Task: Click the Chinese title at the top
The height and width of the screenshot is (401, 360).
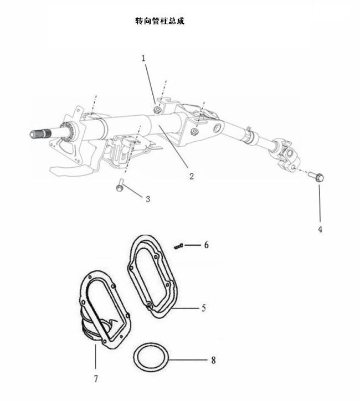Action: (160, 20)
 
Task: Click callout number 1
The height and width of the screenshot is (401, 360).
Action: (143, 59)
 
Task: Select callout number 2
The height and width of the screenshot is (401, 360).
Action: (192, 176)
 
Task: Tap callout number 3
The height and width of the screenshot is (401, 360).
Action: (148, 199)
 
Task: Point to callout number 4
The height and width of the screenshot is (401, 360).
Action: (320, 229)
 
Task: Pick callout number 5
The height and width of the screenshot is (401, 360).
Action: (203, 308)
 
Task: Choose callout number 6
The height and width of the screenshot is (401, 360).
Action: (206, 245)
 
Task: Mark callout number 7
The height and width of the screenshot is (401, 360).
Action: (96, 378)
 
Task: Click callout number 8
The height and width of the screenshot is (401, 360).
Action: (213, 361)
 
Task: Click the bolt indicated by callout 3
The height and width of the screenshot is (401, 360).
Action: (120, 185)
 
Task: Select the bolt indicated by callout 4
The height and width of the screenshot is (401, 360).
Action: (316, 177)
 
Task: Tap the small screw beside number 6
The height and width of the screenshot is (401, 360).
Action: (179, 246)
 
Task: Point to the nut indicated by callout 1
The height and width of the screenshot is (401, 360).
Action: (157, 110)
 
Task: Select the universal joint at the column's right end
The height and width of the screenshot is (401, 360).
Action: (285, 155)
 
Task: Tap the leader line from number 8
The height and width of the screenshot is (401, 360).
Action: (188, 360)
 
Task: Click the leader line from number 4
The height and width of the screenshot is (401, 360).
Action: (320, 203)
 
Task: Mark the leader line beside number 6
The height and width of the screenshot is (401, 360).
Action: (193, 245)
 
